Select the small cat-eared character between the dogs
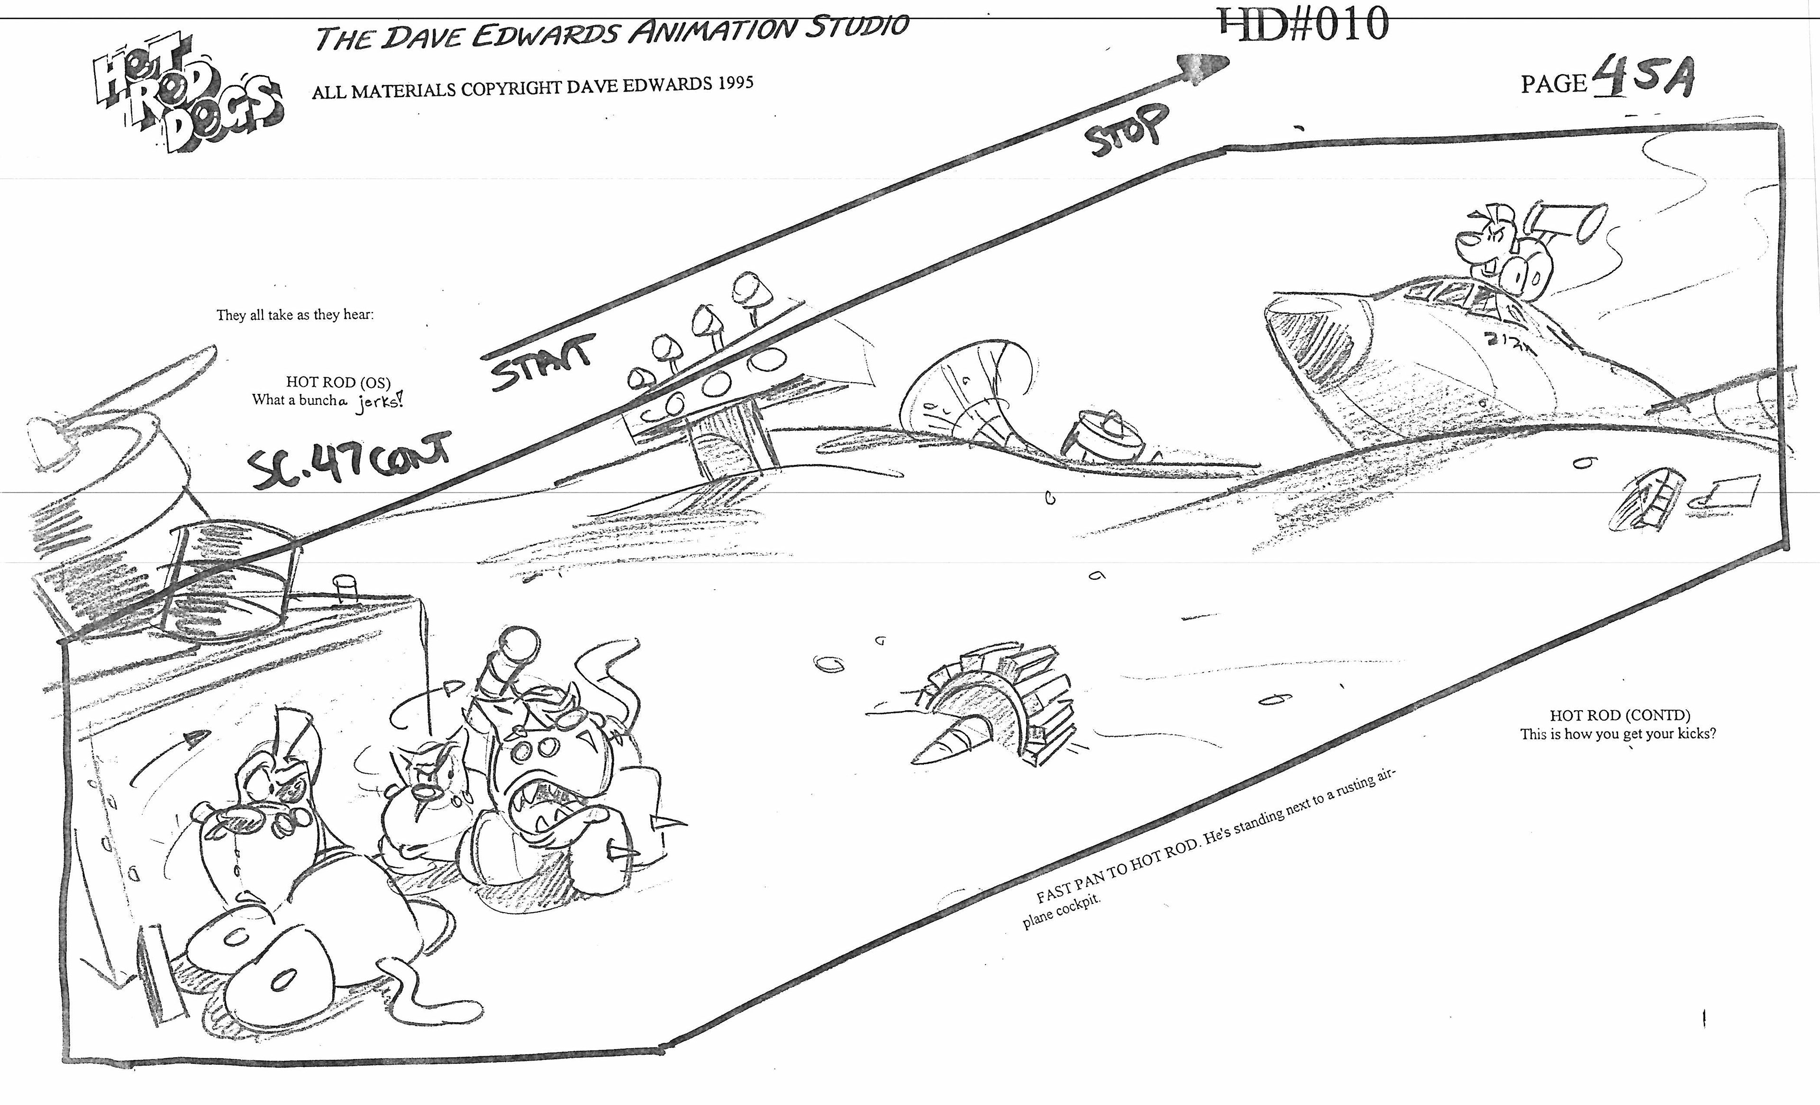click(425, 783)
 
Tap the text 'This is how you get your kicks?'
click(1618, 733)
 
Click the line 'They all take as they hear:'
click(295, 315)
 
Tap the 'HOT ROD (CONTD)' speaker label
click(1619, 714)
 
